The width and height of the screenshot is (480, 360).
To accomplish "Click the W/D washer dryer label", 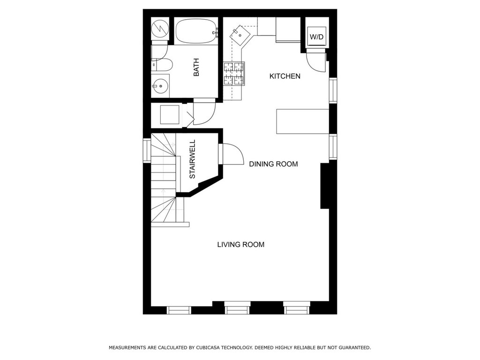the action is [316, 37].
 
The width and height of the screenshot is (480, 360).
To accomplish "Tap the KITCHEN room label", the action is [285, 76].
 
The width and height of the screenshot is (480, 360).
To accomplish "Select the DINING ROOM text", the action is [273, 164].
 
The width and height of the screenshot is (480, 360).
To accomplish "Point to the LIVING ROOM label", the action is [240, 245].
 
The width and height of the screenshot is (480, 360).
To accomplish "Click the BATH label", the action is [196, 67].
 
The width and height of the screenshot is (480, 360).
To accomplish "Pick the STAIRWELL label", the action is [192, 159].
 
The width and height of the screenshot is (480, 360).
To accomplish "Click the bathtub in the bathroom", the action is [196, 31].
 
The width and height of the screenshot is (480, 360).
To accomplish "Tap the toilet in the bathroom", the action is [162, 65].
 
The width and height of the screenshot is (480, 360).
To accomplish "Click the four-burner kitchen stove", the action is [234, 74].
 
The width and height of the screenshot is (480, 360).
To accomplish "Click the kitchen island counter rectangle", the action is [302, 121].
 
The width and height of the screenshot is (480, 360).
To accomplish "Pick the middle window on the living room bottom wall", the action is [237, 307].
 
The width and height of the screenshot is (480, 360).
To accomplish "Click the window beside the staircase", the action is [147, 151].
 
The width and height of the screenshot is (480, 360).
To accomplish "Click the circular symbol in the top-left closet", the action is [160, 29].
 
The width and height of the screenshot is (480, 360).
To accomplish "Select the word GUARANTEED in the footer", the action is [355, 348].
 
